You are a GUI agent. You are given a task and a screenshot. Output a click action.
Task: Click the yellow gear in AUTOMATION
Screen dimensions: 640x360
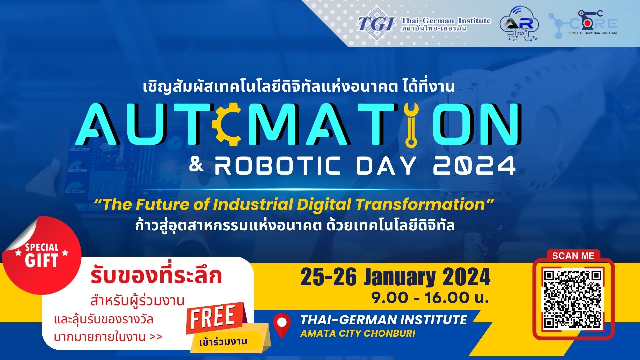pos(228,124)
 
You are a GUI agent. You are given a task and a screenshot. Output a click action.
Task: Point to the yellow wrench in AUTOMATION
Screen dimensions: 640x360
pos(411,125)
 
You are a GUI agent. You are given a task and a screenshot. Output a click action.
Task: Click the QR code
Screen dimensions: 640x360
pos(573,299)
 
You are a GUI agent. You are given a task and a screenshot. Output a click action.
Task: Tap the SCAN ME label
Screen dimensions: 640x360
pos(573,256)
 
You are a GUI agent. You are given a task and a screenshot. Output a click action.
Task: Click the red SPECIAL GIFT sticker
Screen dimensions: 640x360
pos(42,255)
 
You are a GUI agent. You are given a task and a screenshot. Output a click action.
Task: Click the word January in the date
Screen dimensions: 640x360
pos(400,277)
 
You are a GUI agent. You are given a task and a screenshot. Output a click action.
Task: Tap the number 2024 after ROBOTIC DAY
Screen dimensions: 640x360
pos(474,166)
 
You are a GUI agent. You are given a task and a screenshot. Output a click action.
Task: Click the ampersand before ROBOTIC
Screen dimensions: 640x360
pos(196,164)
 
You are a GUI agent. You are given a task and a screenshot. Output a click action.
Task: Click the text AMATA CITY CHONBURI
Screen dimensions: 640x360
pos(358,333)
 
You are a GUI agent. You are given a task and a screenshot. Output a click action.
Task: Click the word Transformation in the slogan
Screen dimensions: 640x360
pos(420,205)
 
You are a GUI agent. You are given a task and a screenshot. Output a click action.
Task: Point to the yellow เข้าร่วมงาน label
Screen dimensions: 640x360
pos(223,342)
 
